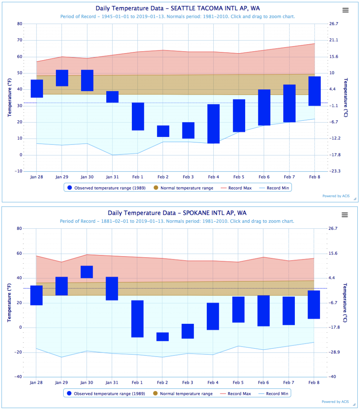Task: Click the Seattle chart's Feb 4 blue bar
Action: (213, 123)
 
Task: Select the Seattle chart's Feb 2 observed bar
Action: (163, 131)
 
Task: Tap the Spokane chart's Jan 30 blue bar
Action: (87, 272)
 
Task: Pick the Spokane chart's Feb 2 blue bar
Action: (163, 337)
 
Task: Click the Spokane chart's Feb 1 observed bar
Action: (137, 318)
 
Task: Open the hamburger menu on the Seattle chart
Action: (345, 10)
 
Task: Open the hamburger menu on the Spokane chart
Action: (345, 215)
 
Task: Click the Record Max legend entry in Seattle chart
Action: (237, 188)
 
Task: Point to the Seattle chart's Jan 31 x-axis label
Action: (112, 177)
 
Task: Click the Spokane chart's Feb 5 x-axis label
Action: (238, 382)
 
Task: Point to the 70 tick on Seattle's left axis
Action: (19, 40)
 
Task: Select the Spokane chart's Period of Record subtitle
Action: (177, 221)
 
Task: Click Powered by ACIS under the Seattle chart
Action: (336, 196)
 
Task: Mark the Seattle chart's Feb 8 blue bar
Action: (314, 91)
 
